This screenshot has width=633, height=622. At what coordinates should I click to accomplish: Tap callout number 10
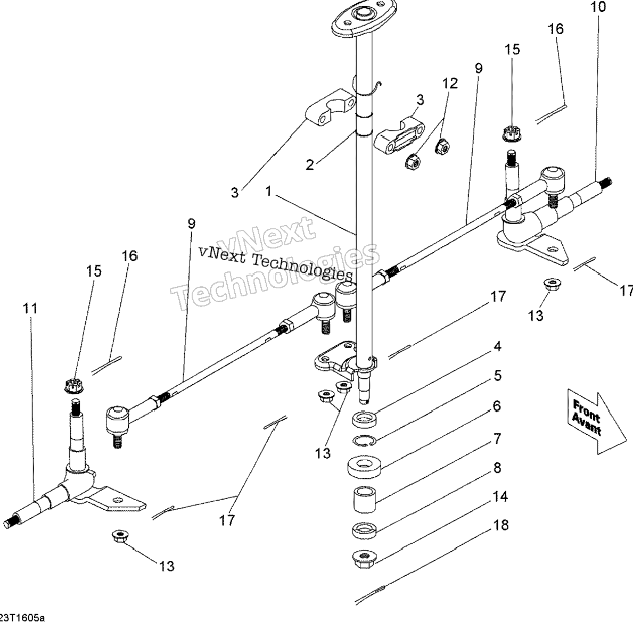(598, 7)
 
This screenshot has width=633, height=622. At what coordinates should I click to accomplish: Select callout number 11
(30, 309)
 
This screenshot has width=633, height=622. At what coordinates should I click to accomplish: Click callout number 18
(500, 525)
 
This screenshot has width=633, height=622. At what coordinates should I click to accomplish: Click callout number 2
(310, 165)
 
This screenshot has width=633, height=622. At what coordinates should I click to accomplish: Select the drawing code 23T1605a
(22, 618)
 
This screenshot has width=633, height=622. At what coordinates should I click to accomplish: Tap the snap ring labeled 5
(365, 441)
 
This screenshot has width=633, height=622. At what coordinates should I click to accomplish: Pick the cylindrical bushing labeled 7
(365, 499)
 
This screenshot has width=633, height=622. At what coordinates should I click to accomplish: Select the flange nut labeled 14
(364, 559)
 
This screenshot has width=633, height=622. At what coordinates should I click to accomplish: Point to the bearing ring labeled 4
(365, 419)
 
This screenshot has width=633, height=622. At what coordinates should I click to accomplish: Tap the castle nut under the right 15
(512, 134)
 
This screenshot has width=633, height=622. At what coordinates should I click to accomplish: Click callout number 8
(497, 468)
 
